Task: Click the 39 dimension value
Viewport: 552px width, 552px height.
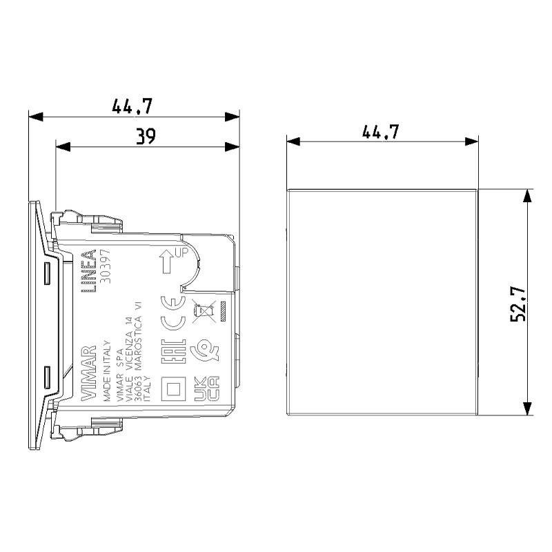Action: pyautogui.click(x=145, y=136)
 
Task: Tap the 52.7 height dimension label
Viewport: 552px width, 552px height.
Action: pyautogui.click(x=519, y=304)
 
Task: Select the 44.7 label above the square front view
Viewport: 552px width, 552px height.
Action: pyautogui.click(x=382, y=130)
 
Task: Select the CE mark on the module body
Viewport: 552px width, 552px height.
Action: pyautogui.click(x=172, y=312)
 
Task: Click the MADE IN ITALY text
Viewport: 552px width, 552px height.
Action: pyautogui.click(x=106, y=370)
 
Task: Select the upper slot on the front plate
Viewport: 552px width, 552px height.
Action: pyautogui.click(x=47, y=273)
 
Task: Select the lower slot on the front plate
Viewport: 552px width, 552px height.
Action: pyautogui.click(x=47, y=376)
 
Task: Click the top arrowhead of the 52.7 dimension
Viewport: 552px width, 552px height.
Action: pyautogui.click(x=528, y=194)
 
